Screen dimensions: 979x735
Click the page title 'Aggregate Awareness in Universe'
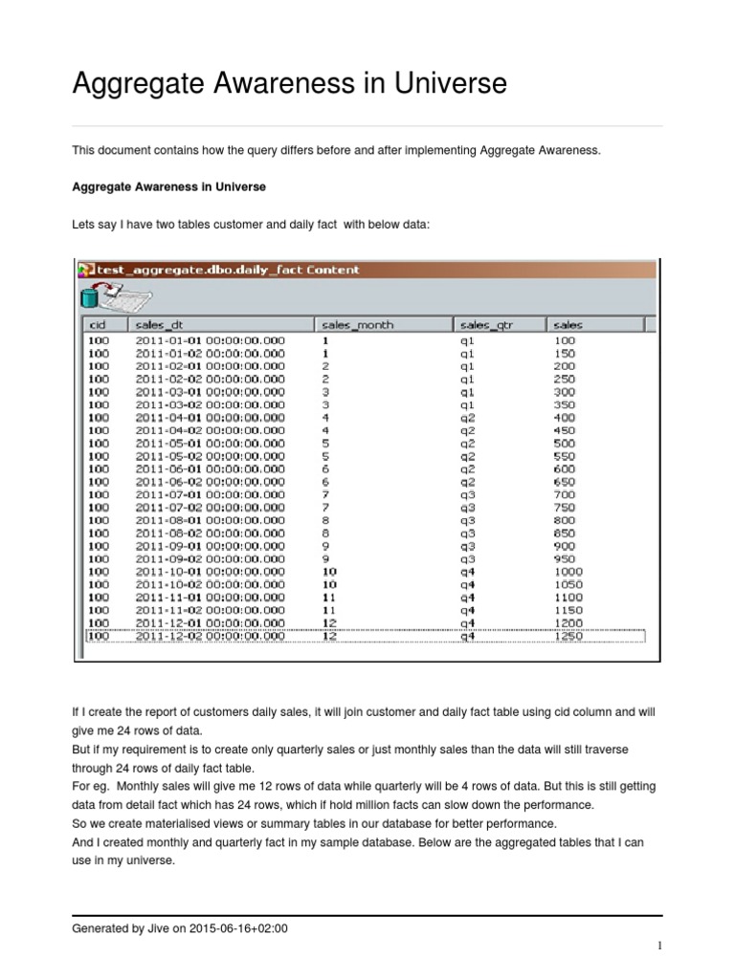[289, 84]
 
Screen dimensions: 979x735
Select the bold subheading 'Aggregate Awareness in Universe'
[168, 185]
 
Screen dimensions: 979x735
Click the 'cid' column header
[98, 325]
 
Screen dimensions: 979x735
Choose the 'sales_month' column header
[358, 325]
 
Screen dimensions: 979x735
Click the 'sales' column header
[568, 325]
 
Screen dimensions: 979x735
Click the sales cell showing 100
[564, 339]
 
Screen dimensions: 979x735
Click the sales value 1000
[568, 571]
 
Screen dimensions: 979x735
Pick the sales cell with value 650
[564, 482]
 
